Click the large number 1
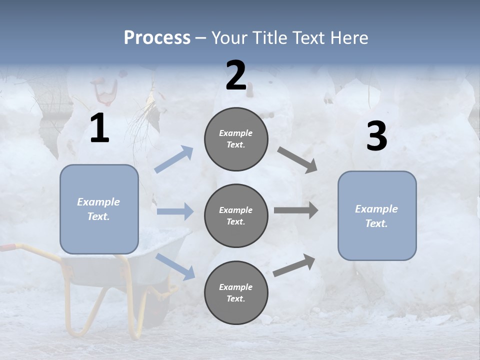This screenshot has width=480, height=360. click(99, 128)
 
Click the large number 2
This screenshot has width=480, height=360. click(236, 76)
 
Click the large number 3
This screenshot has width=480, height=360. click(376, 136)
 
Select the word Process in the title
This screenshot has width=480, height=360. click(157, 37)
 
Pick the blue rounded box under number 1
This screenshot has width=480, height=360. click(99, 209)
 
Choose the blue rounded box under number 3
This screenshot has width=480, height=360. click(377, 215)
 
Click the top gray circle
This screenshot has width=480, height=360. click(236, 139)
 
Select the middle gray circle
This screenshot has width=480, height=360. click(236, 215)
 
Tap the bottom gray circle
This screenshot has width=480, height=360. click(236, 292)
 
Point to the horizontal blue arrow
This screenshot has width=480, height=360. click(175, 211)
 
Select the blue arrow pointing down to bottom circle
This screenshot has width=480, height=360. click(175, 266)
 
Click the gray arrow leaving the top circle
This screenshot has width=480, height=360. click(297, 160)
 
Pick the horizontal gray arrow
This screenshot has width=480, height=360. click(296, 210)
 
